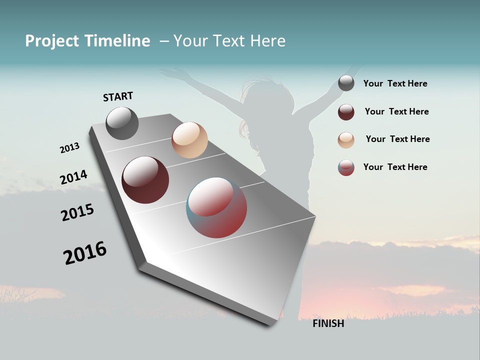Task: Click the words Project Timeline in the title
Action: [87, 41]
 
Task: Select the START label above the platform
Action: [118, 96]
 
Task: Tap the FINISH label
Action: [328, 323]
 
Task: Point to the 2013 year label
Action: [69, 148]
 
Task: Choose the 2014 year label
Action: [73, 177]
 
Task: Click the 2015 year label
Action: [77, 212]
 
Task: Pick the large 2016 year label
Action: [85, 252]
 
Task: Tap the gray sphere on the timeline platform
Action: [122, 123]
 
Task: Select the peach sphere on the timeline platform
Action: [189, 140]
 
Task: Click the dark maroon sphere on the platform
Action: [145, 180]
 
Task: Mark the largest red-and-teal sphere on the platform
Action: [216, 207]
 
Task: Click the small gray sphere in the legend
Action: [346, 83]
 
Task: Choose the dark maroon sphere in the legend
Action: [346, 112]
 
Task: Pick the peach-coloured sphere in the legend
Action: [346, 140]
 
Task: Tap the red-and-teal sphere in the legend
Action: [346, 167]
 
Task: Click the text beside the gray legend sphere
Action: [395, 83]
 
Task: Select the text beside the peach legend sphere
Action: [397, 139]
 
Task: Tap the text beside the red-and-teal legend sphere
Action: [395, 167]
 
